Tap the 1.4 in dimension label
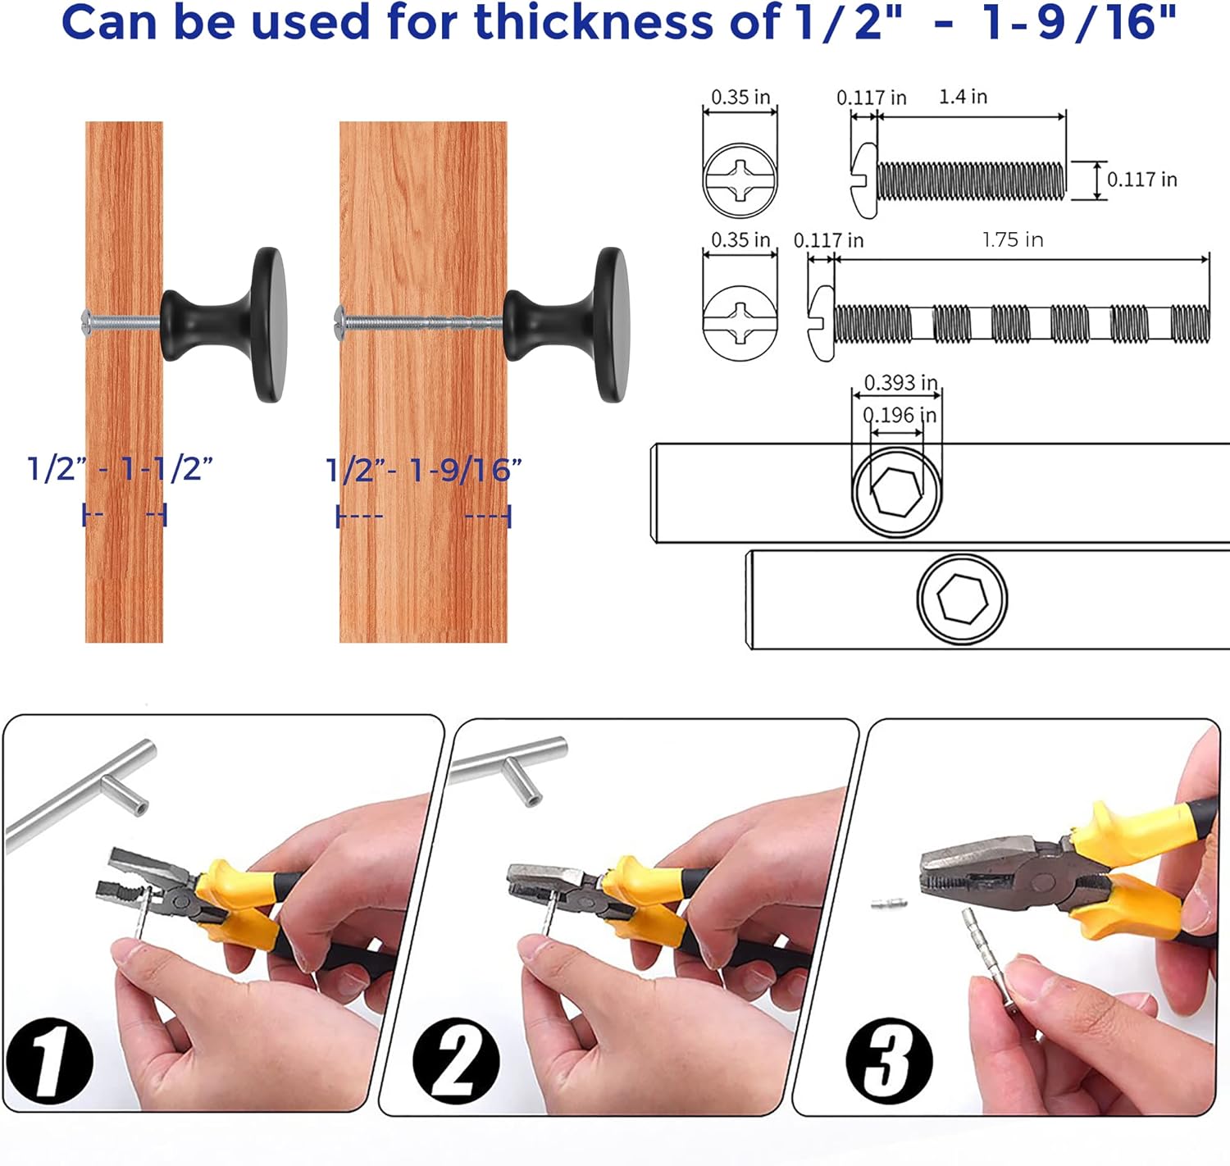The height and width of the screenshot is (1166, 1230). [963, 97]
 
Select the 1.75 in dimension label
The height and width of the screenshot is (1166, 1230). [1013, 240]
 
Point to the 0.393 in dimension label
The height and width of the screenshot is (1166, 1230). [900, 383]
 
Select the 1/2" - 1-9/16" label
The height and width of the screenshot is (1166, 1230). [424, 471]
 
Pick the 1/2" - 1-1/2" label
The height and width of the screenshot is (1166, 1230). [120, 469]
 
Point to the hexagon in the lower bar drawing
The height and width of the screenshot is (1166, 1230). [961, 599]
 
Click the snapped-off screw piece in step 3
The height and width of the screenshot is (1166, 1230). [889, 904]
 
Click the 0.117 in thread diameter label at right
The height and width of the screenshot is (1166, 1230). [1141, 180]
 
